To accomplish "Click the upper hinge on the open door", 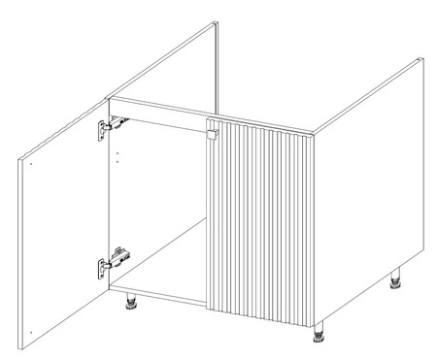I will tap(110, 125).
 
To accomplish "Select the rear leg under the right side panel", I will tap(397, 282).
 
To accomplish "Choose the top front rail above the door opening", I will tap(160, 108).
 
